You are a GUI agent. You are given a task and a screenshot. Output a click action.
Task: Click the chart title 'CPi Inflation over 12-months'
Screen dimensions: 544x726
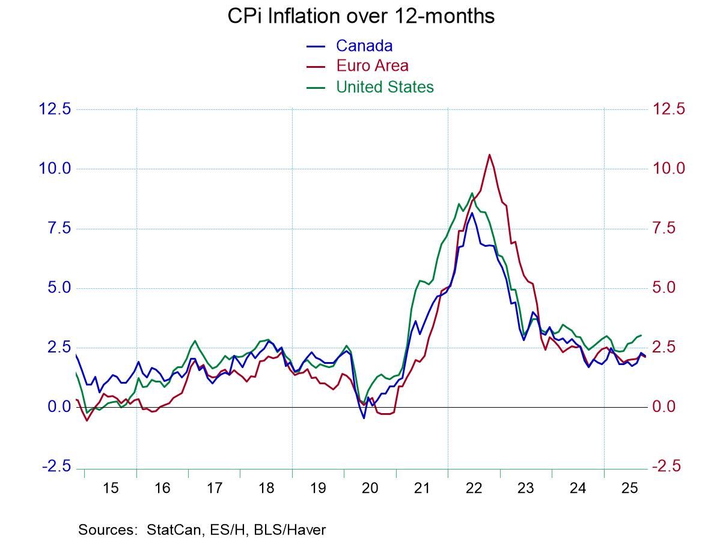pyautogui.click(x=361, y=16)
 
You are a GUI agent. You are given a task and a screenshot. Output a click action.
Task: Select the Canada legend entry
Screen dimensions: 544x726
pyautogui.click(x=364, y=46)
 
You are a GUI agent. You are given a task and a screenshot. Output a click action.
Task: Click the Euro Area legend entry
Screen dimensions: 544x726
pyautogui.click(x=372, y=66)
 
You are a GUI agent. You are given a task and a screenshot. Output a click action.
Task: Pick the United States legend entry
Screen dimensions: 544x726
pyautogui.click(x=385, y=87)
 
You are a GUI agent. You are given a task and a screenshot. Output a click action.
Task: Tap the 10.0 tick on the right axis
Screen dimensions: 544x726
pyautogui.click(x=669, y=169)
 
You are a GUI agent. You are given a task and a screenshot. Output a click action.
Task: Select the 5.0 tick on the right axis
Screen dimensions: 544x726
pyautogui.click(x=664, y=288)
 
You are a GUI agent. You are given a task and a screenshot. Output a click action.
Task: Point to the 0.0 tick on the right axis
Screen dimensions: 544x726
pyautogui.click(x=664, y=407)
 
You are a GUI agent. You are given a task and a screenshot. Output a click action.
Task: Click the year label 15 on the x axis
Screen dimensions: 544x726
pyautogui.click(x=111, y=488)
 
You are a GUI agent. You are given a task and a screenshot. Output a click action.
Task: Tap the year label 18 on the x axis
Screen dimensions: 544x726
pyautogui.click(x=266, y=488)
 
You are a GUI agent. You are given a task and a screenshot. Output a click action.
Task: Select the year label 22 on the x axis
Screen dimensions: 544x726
pyautogui.click(x=474, y=488)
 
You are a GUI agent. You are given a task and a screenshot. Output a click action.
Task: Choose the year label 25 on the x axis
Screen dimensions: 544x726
pyautogui.click(x=629, y=488)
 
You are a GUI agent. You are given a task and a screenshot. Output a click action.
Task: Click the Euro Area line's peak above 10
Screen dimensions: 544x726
pyautogui.click(x=489, y=155)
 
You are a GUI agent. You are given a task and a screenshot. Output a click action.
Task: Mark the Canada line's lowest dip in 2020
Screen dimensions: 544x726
pyautogui.click(x=364, y=418)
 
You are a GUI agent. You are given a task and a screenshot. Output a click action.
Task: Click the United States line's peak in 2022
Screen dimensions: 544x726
pyautogui.click(x=472, y=193)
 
